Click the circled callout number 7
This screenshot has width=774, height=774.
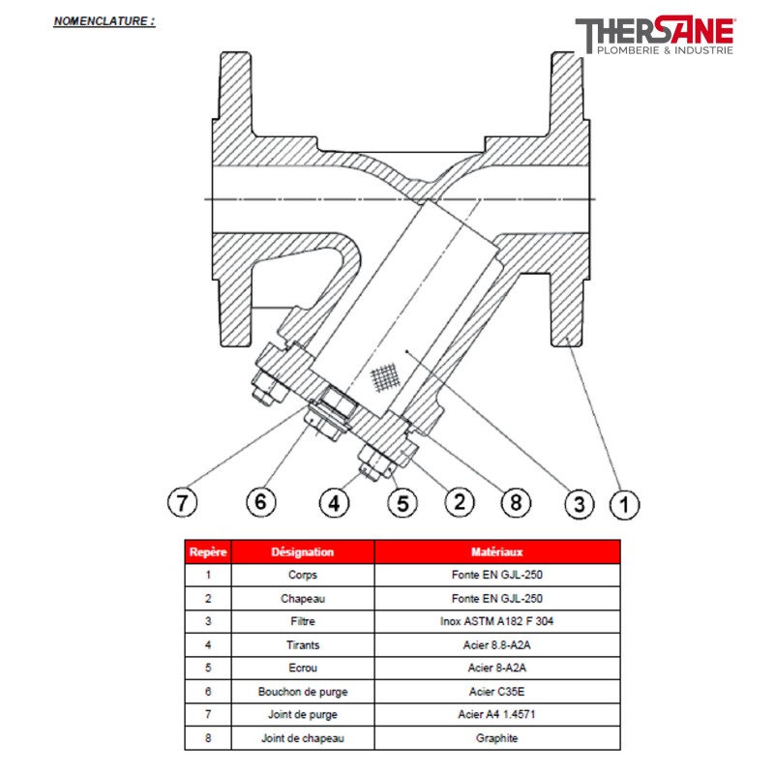(182, 502)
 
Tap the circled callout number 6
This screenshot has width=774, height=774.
(260, 502)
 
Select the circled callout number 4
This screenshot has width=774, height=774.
(334, 503)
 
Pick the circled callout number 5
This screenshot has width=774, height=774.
(402, 503)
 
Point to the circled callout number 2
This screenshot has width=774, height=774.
(460, 502)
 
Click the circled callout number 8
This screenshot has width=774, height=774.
(516, 502)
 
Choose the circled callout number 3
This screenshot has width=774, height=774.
(579, 504)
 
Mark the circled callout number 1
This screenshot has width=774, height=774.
(624, 504)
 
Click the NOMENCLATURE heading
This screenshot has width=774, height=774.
(104, 21)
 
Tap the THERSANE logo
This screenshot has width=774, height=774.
(655, 35)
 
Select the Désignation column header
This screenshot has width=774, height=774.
(303, 551)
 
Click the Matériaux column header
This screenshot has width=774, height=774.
(497, 551)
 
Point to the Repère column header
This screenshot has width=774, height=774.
(208, 551)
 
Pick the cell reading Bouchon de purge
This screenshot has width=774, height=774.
(303, 692)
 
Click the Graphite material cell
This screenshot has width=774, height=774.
(497, 738)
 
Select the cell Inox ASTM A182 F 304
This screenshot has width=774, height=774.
(497, 621)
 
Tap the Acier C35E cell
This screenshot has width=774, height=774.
(497, 692)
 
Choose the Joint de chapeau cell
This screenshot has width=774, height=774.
(303, 738)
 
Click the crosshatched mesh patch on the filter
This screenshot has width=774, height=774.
(384, 377)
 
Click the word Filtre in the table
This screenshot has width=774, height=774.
(303, 621)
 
